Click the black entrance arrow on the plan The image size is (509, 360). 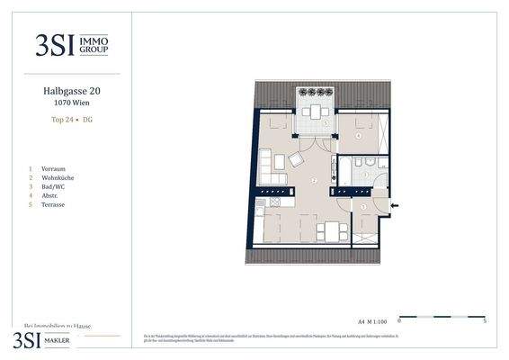(x=395, y=206)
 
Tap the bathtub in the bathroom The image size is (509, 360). (x=344, y=170)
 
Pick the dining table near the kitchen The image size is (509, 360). (x=333, y=230)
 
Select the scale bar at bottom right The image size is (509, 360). (x=441, y=317)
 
